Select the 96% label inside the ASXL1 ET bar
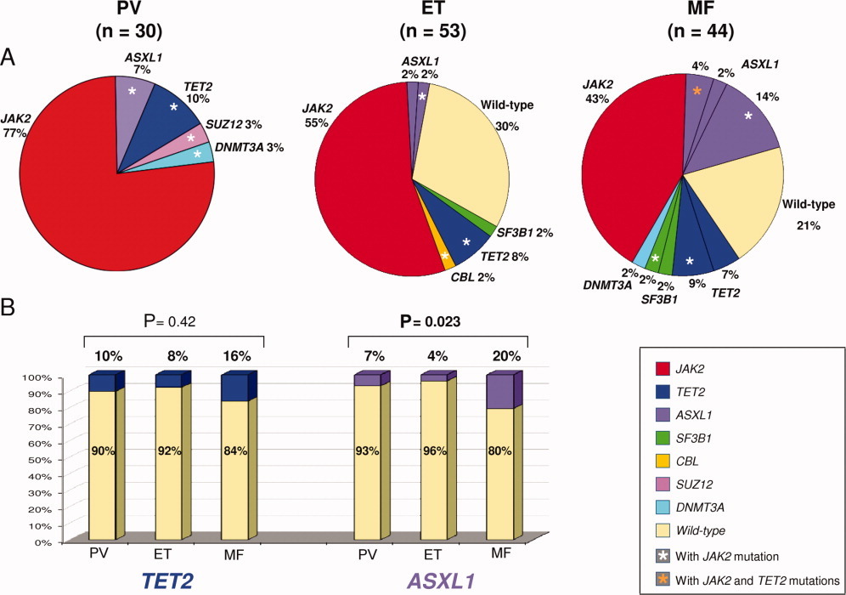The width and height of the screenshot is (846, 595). (x=434, y=450)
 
